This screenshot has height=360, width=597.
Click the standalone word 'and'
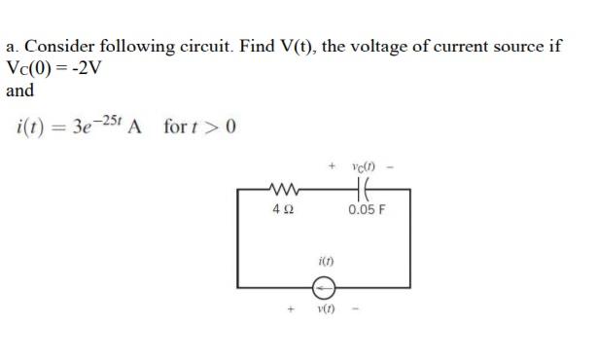click(19, 90)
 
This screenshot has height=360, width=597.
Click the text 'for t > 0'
click(199, 127)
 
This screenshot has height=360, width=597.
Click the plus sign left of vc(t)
click(332, 168)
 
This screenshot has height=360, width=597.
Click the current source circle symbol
click(324, 288)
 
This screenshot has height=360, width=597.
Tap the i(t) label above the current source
click(324, 263)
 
